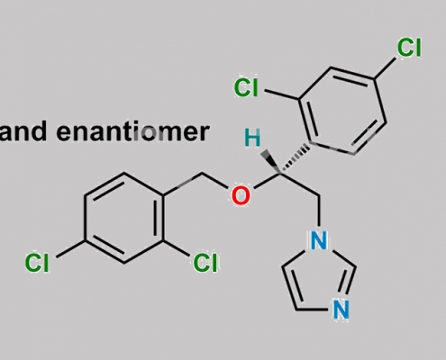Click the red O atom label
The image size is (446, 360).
(241, 195)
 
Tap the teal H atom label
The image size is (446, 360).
(252, 138)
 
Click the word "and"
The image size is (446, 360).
(23, 130)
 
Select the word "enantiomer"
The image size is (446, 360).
(132, 131)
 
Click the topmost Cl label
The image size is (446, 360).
(409, 48)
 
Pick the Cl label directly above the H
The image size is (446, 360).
(246, 87)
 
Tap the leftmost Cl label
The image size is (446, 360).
(37, 263)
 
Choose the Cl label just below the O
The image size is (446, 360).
(205, 263)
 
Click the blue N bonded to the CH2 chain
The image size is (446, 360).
(318, 240)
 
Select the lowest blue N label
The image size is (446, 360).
(341, 310)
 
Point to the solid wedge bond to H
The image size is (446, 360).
(272, 162)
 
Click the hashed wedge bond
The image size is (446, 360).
(295, 159)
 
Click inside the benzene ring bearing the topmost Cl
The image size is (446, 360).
(342, 111)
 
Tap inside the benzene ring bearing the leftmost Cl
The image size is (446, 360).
(124, 218)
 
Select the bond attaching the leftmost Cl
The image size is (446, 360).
(71, 248)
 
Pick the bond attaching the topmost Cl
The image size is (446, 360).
(385, 69)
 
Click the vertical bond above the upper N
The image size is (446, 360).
(319, 211)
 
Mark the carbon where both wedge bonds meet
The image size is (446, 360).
(281, 174)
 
